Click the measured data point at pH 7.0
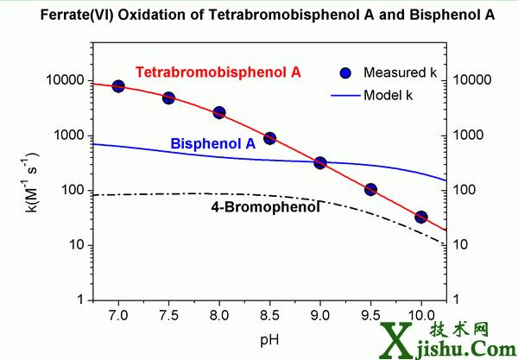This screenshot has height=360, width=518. pos(118,86)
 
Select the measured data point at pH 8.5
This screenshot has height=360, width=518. pos(269,138)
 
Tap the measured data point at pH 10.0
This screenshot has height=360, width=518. pos(421,217)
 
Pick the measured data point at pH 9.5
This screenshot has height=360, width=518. pos(370,189)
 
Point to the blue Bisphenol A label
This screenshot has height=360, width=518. pos(212,143)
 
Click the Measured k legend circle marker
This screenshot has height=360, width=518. pos(344,73)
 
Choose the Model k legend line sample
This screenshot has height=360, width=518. pos(343,95)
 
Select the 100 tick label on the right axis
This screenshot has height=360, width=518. pos(470,190)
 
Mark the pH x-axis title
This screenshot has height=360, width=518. pos(269,338)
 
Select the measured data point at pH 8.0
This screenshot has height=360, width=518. pos(219,113)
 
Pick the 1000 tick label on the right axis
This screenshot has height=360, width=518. pos(472,136)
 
